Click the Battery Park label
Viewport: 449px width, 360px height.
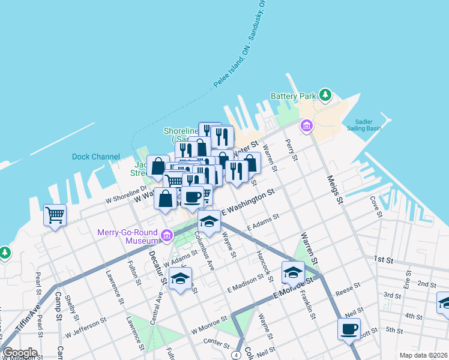click(x=293, y=96)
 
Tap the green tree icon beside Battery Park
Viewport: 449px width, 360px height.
click(x=325, y=95)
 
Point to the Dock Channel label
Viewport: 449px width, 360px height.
click(x=95, y=157)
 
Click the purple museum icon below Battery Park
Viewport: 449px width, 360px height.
click(x=307, y=126)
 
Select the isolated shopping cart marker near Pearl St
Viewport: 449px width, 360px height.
click(x=55, y=214)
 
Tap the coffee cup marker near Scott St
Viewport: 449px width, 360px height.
click(x=349, y=328)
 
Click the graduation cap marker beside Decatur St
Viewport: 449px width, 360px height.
click(x=180, y=278)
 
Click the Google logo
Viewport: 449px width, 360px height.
click(x=20, y=353)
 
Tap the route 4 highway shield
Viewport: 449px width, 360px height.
click(x=238, y=355)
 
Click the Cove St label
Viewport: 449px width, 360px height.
click(x=376, y=206)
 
